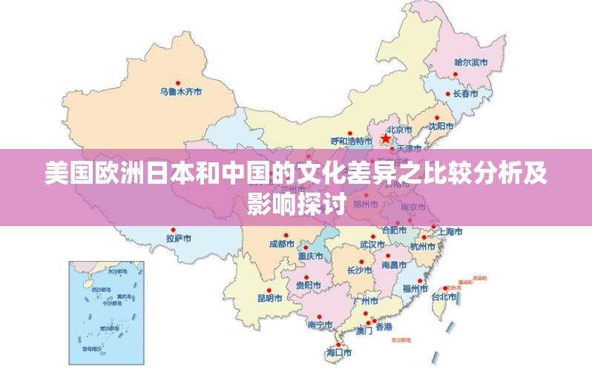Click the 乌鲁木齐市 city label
pyautogui.click(x=181, y=92)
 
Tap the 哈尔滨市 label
pyautogui.click(x=471, y=62)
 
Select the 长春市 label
pyautogui.click(x=465, y=94)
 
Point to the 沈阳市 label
pyautogui.click(x=441, y=126)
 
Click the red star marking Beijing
pyautogui.click(x=386, y=138)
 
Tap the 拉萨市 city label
pyautogui.click(x=179, y=239)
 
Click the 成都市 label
pyautogui.click(x=281, y=244)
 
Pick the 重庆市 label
pyautogui.click(x=311, y=256)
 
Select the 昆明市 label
pyautogui.click(x=269, y=298)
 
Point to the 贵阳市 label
pyautogui.click(x=308, y=285)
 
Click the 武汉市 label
pyautogui.click(x=372, y=244)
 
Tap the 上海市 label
pyautogui.click(x=450, y=231)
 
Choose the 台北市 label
pyautogui.click(x=444, y=296)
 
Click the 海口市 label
pyautogui.click(x=339, y=354)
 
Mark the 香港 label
pyautogui.click(x=384, y=327)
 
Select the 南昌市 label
pyautogui.click(x=394, y=265)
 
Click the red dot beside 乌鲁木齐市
pyautogui.click(x=177, y=82)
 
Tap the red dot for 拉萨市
pyautogui.click(x=173, y=230)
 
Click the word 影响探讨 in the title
pyautogui.click(x=296, y=202)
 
